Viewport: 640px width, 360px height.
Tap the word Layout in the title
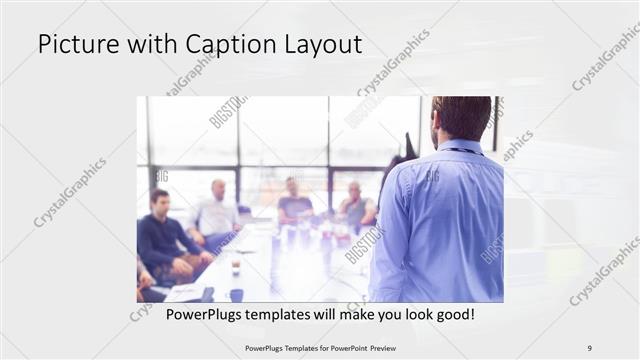(318, 45)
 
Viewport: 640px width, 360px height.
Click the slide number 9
(590, 347)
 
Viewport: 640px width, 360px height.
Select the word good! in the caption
(451, 314)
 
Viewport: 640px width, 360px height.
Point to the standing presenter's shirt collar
(459, 146)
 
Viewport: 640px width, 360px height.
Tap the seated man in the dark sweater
(162, 238)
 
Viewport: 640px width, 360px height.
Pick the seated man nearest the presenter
(354, 207)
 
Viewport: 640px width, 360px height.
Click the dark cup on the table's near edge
(236, 294)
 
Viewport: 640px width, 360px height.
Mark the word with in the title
(145, 45)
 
